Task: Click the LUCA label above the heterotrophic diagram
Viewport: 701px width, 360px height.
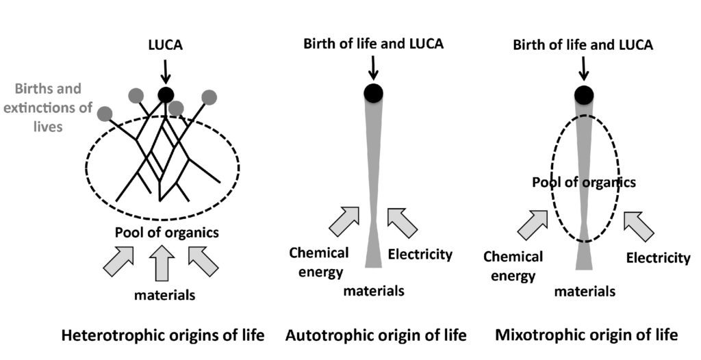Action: (165, 45)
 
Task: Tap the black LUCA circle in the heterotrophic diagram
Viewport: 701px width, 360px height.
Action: (166, 94)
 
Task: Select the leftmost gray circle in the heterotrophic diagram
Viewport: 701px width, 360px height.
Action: (105, 113)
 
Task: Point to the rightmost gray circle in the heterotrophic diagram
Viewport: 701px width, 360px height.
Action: (209, 97)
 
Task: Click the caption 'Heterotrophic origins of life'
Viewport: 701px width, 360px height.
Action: (163, 335)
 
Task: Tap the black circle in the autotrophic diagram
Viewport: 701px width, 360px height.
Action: (373, 93)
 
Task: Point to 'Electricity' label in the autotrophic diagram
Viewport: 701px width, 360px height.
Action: (420, 255)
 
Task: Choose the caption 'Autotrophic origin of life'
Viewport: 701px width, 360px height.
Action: (375, 335)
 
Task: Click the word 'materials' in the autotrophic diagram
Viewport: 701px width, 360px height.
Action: (374, 291)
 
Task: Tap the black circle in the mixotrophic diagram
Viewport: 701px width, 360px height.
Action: (584, 94)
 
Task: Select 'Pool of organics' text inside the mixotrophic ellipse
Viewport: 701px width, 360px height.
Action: (585, 183)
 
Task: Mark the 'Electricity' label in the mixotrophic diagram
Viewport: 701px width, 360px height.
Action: (658, 258)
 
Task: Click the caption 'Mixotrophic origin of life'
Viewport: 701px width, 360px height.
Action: (586, 335)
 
